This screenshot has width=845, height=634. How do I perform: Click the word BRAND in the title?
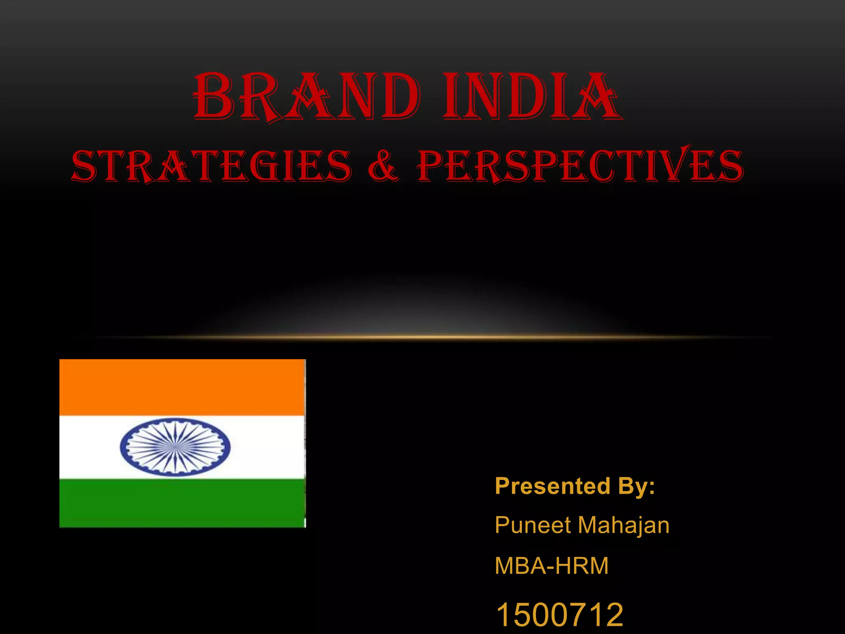[307, 97]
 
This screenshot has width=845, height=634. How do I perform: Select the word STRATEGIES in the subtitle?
[212, 166]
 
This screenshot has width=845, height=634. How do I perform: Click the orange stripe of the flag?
[182, 387]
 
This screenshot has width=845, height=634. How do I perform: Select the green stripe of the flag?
[182, 503]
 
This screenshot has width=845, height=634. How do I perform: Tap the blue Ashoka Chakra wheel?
[175, 447]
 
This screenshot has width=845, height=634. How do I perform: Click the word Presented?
[552, 486]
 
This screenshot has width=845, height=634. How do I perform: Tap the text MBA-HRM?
[552, 565]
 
